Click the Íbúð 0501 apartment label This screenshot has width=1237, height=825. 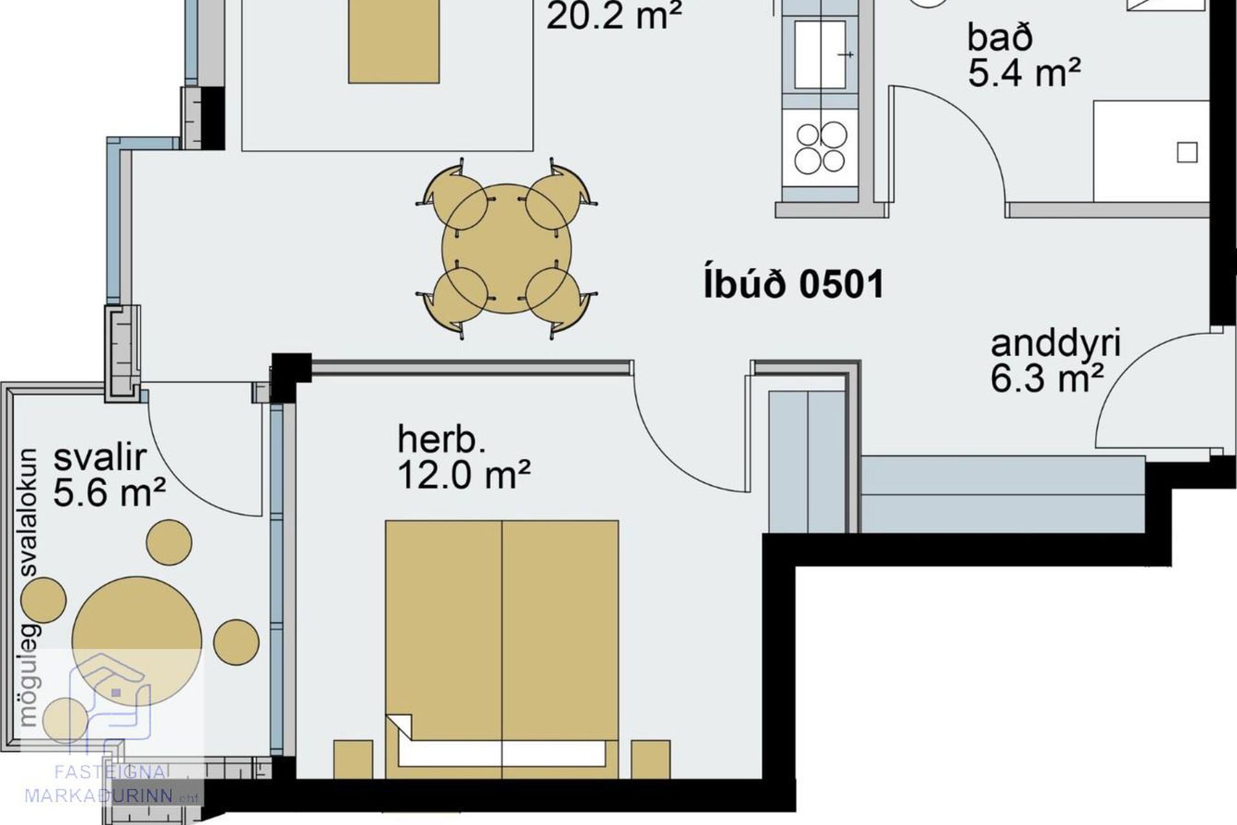tap(794, 285)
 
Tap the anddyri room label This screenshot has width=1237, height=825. tap(1055, 345)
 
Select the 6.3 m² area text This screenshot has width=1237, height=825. tap(1047, 378)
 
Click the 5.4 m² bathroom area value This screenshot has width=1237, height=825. tap(1024, 72)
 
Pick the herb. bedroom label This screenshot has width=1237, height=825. tap(441, 440)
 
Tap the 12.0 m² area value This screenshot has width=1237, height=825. tap(463, 476)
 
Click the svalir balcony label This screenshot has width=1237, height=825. tap(100, 458)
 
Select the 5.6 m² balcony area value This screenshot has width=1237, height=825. tap(110, 493)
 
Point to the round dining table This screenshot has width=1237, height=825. tap(507, 249)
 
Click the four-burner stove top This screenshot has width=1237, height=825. tap(821, 148)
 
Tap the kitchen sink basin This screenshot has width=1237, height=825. tap(820, 54)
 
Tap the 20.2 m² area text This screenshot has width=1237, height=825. tap(614, 16)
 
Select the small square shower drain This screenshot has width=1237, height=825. tap(1187, 153)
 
